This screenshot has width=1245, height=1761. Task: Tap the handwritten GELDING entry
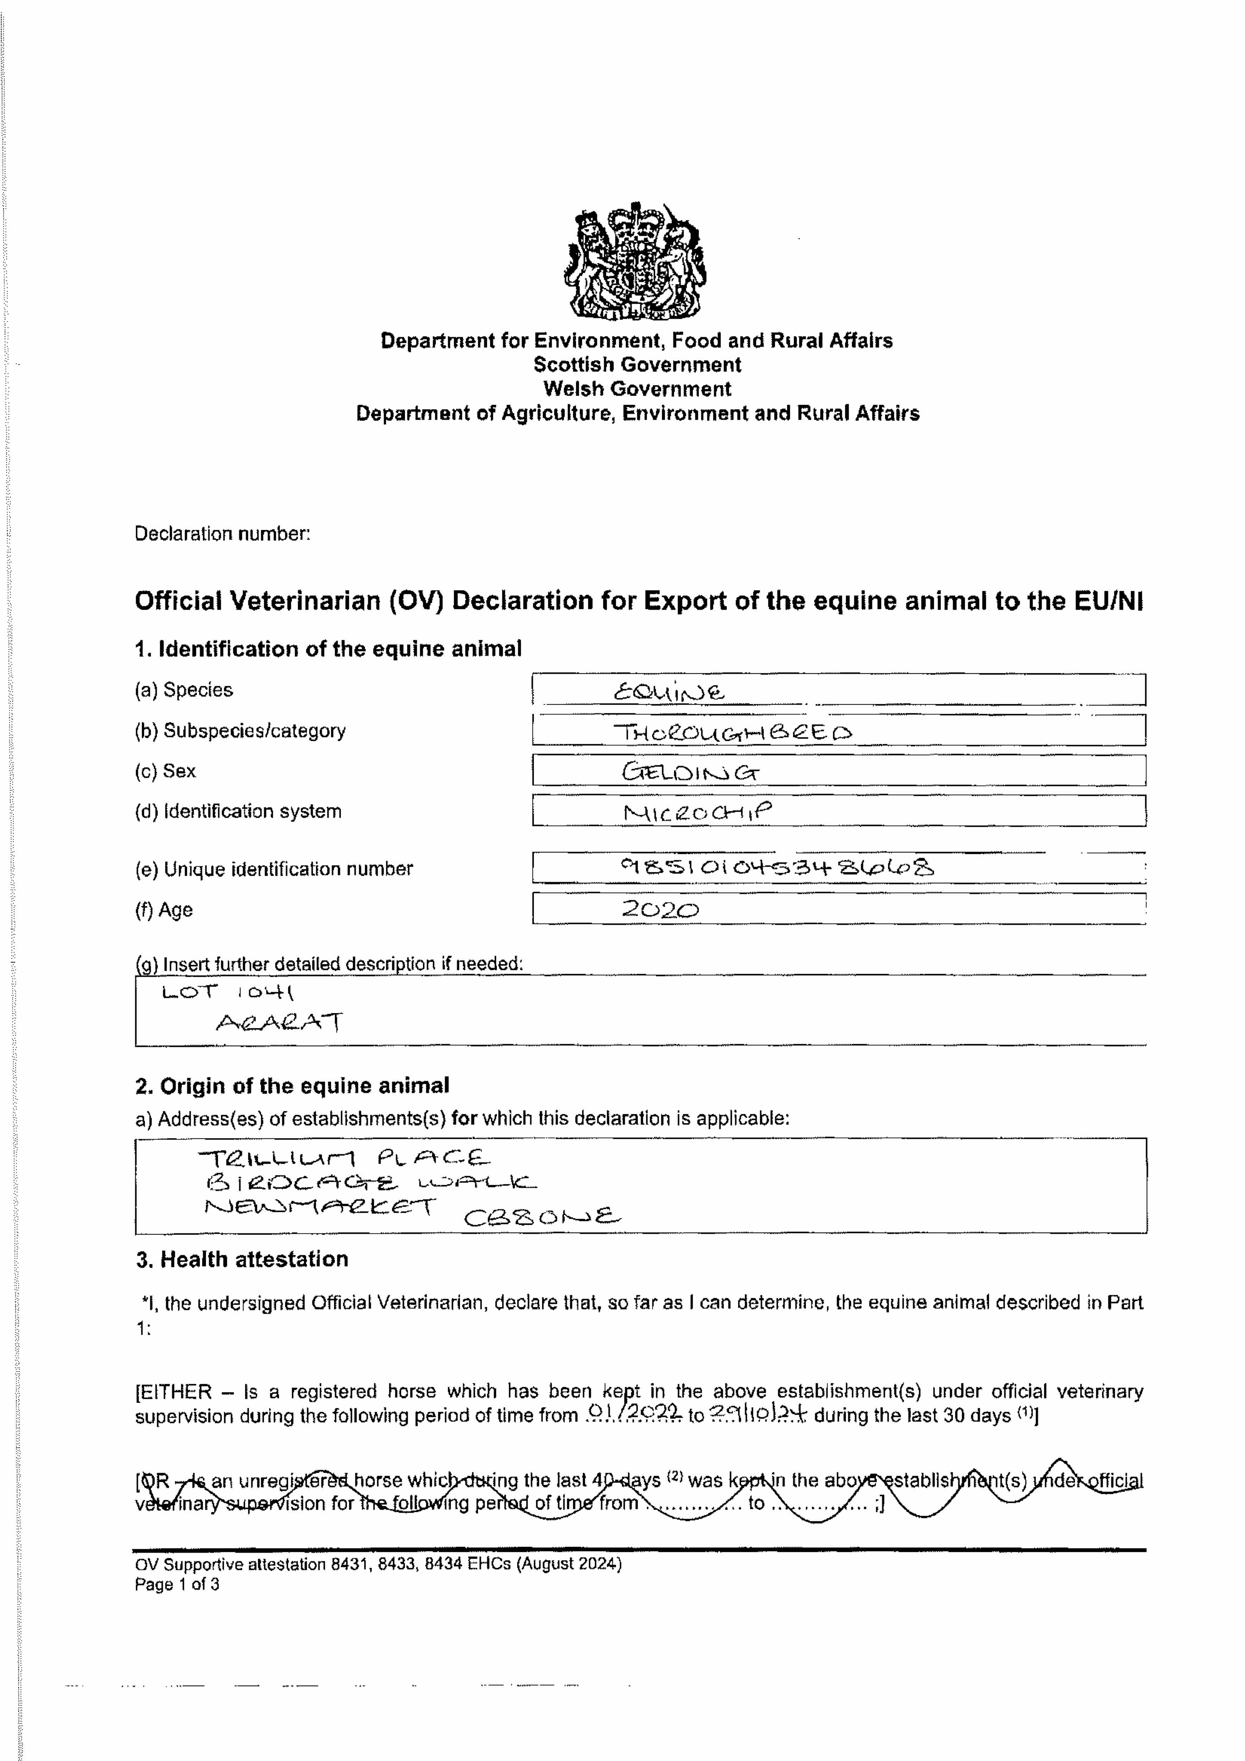(x=690, y=772)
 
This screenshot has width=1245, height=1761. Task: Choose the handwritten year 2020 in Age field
(x=660, y=910)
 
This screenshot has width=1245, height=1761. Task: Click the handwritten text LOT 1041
(x=228, y=992)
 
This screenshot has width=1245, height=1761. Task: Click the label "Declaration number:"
(x=223, y=534)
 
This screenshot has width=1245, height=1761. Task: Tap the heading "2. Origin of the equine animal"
(x=292, y=1086)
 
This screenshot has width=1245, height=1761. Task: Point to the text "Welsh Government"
(x=637, y=389)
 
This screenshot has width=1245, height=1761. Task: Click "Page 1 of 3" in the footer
(x=177, y=1584)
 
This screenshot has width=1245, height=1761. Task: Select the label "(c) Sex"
(x=165, y=771)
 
